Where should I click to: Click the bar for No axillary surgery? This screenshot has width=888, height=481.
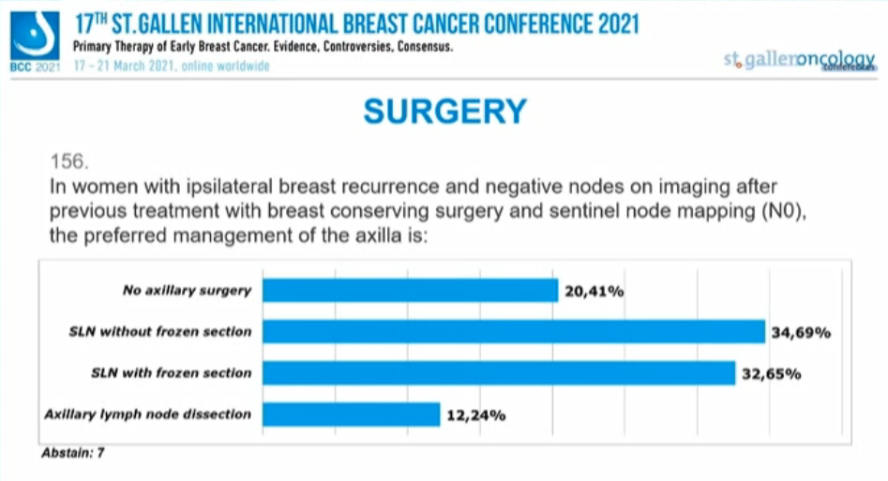pyautogui.click(x=410, y=291)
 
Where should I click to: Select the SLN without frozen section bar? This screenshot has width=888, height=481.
pyautogui.click(x=514, y=332)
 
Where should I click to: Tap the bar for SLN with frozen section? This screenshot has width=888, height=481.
pyautogui.click(x=498, y=373)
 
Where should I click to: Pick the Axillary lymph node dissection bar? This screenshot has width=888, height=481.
pyautogui.click(x=351, y=414)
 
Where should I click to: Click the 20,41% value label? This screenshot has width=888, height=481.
pyautogui.click(x=595, y=292)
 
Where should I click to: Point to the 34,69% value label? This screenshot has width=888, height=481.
pyautogui.click(x=802, y=333)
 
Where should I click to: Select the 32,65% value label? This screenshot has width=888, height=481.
pyautogui.click(x=771, y=374)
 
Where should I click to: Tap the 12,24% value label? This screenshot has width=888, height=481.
pyautogui.click(x=476, y=415)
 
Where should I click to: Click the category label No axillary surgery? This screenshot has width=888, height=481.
pyautogui.click(x=188, y=291)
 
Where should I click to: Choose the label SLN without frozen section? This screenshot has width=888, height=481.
pyautogui.click(x=159, y=332)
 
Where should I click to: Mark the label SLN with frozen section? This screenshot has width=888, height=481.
pyautogui.click(x=171, y=373)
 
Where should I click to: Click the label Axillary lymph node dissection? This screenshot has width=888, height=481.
pyautogui.click(x=148, y=414)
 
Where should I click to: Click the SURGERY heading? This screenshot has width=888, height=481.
pyautogui.click(x=444, y=113)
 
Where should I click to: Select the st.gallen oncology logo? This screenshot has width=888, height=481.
pyautogui.click(x=799, y=61)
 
